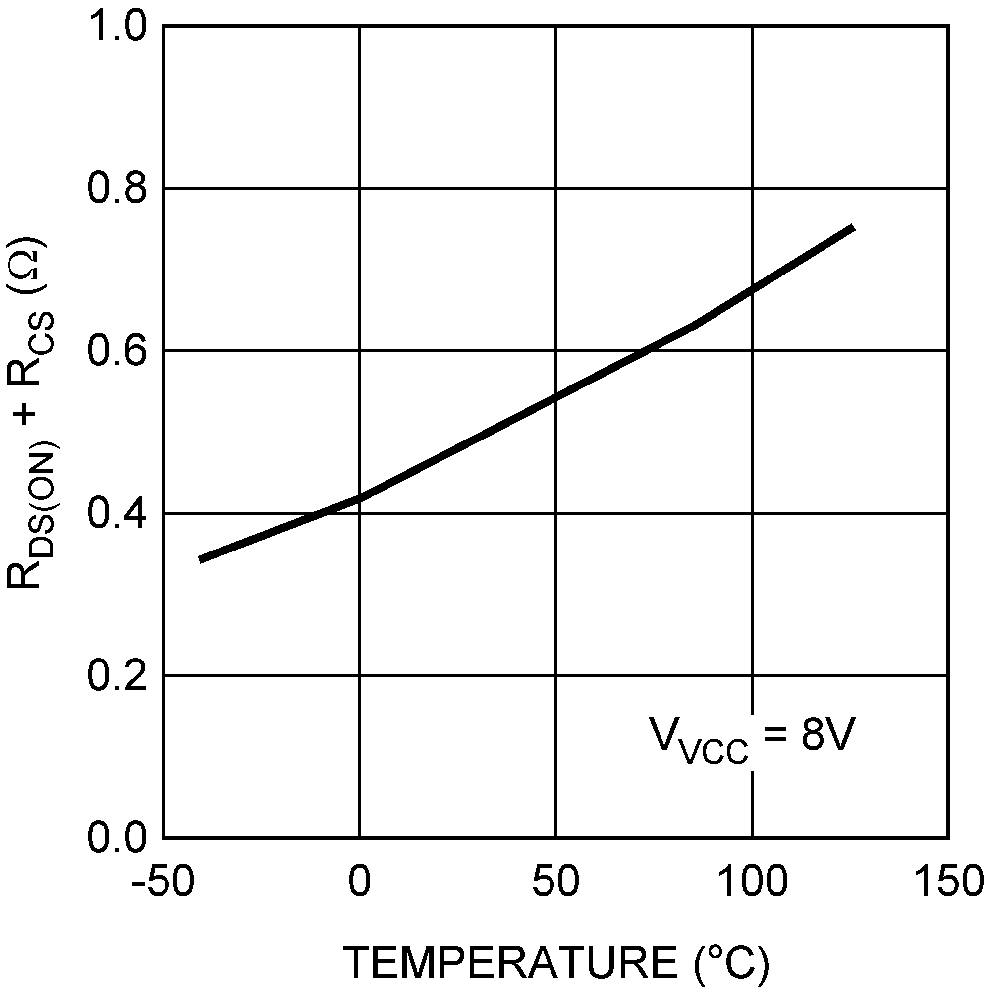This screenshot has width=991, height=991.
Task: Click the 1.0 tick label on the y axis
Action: click(x=118, y=27)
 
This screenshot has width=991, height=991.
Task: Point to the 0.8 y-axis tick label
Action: click(x=118, y=189)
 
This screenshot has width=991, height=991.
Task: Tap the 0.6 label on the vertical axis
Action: click(x=118, y=351)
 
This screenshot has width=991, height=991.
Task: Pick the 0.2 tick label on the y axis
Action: click(x=118, y=676)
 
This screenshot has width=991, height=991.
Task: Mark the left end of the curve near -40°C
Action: click(x=200, y=559)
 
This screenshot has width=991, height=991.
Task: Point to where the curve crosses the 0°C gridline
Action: click(x=360, y=497)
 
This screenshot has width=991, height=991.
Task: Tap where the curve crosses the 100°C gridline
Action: click(x=753, y=289)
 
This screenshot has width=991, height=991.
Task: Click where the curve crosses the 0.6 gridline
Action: click(x=647, y=351)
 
